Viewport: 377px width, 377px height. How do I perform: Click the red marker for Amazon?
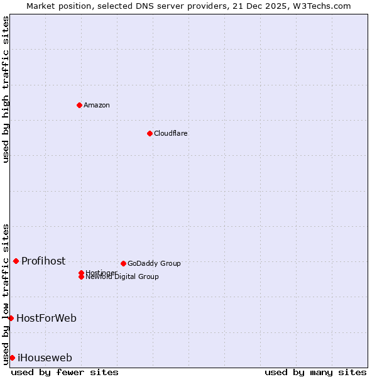pyautogui.click(x=79, y=105)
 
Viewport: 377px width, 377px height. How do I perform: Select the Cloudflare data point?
pyautogui.click(x=150, y=133)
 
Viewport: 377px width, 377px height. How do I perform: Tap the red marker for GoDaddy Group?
pyautogui.click(x=123, y=263)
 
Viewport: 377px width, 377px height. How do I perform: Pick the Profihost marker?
pyautogui.click(x=16, y=261)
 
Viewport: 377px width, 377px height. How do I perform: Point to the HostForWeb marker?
pyautogui.click(x=11, y=318)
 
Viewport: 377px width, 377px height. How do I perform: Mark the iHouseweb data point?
pyautogui.click(x=12, y=358)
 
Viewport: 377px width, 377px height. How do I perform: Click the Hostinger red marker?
pyautogui.click(x=82, y=273)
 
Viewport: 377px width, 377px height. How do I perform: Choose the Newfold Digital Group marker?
pyautogui.click(x=82, y=276)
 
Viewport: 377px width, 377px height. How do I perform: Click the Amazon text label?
pyautogui.click(x=97, y=105)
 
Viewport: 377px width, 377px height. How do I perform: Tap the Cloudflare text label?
pyautogui.click(x=171, y=133)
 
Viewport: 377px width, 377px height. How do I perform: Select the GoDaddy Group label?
pyautogui.click(x=154, y=263)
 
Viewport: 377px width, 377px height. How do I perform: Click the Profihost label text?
pyautogui.click(x=43, y=261)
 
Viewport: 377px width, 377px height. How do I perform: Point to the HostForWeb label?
pyautogui.click(x=46, y=319)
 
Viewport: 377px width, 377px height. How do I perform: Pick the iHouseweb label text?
pyautogui.click(x=45, y=358)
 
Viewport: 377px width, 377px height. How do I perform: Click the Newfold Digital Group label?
pyautogui.click(x=123, y=277)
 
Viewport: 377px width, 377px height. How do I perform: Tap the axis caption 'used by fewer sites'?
pyautogui.click(x=65, y=372)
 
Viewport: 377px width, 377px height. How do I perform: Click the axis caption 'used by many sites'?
pyautogui.click(x=315, y=372)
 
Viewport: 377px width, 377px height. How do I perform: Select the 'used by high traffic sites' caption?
pyautogui.click(x=6, y=89)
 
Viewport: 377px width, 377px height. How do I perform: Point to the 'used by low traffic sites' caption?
pyautogui.click(x=6, y=293)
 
